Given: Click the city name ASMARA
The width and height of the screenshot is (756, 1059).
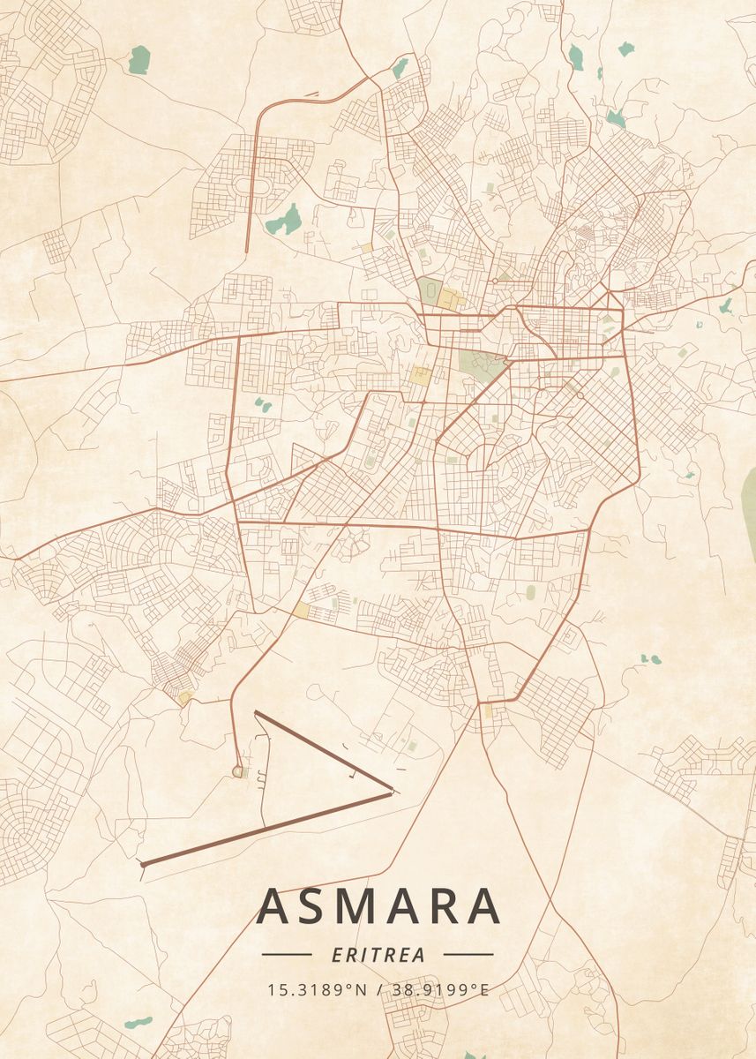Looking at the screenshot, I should click(x=378, y=905).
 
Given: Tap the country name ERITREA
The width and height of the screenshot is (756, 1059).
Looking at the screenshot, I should click(x=378, y=955).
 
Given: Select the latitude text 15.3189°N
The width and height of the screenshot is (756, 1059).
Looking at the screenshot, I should click(x=318, y=989).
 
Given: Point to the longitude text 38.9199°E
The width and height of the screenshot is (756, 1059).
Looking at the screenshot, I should click(x=438, y=989).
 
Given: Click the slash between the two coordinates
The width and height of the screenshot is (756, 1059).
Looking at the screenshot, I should click(x=379, y=989).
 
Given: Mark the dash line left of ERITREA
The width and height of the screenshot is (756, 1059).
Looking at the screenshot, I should click(x=287, y=955).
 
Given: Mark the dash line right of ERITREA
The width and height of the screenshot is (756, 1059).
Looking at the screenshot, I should click(x=468, y=955).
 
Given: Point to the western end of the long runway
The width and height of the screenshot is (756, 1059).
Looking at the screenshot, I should click(x=143, y=864).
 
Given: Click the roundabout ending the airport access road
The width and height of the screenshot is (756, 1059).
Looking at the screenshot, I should click(x=237, y=772).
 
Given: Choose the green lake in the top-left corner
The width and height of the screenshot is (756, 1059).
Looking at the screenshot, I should click(x=138, y=60).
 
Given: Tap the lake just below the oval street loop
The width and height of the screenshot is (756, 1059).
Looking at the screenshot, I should click(x=284, y=220).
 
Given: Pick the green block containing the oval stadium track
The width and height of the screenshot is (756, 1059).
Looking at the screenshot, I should click(x=430, y=289).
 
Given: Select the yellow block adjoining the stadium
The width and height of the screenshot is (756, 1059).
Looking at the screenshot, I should click(x=452, y=297).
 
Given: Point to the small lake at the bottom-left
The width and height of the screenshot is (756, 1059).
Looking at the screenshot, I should click(x=138, y=1023).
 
